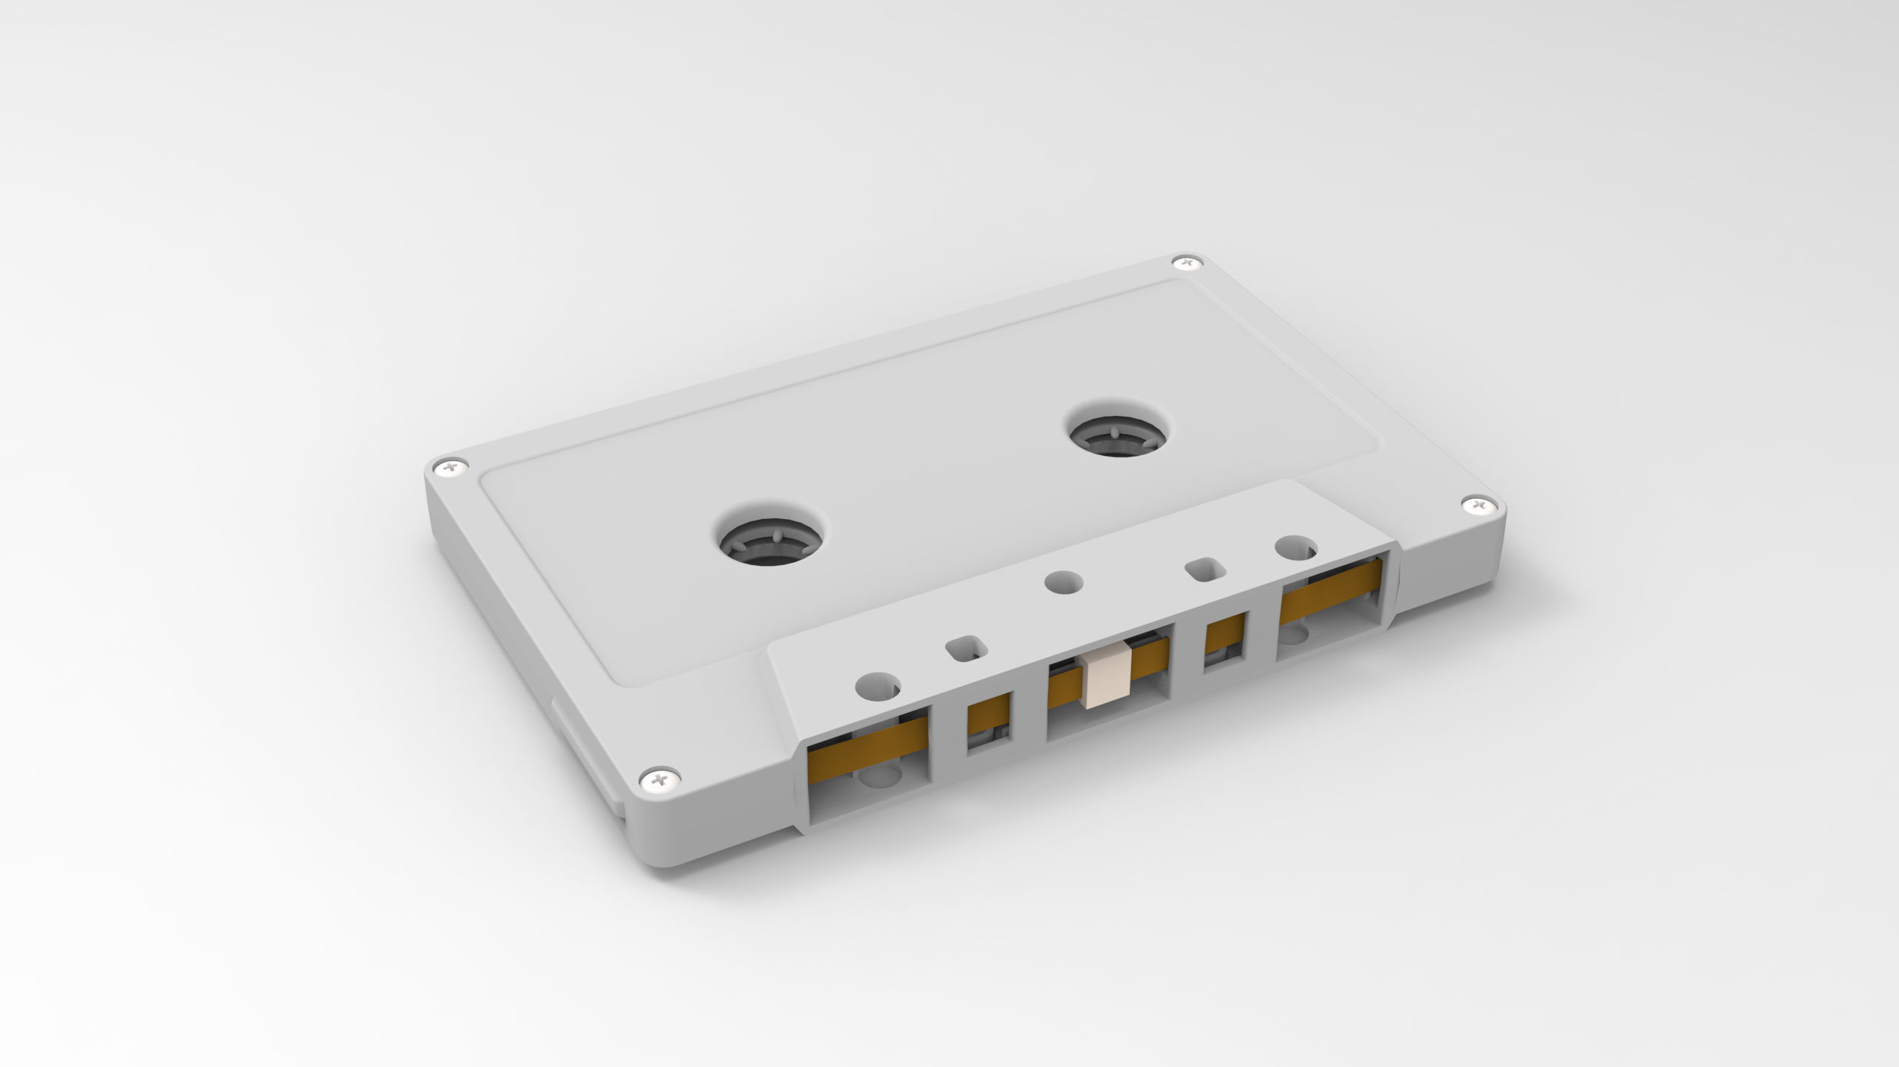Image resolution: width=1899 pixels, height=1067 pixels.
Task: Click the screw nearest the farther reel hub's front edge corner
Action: point(1475,506)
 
